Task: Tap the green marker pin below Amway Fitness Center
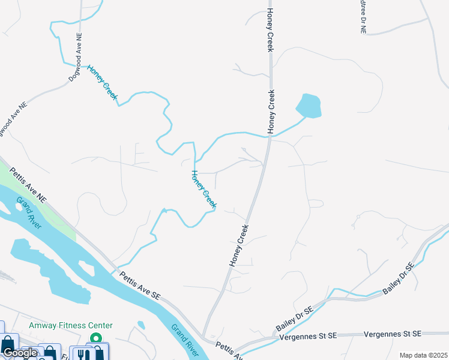coord(95,340)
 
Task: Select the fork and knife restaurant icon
coord(80,354)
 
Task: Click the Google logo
coord(20,353)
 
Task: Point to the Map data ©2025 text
coord(423,355)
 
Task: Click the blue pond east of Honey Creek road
coord(309,106)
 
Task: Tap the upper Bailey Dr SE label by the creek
coord(399,278)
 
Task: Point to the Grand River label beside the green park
coord(29,213)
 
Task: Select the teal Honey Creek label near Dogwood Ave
coord(102,82)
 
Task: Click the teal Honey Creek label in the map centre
coord(203,189)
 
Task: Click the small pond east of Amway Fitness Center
coord(140,325)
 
